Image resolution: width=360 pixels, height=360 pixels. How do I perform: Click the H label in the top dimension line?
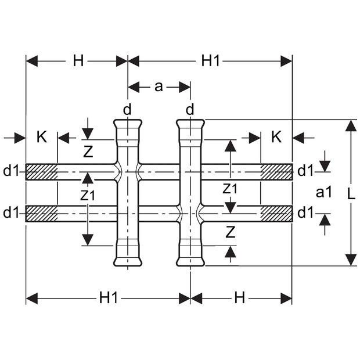click(x=78, y=61)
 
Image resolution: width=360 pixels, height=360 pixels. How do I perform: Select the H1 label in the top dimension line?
click(x=210, y=61)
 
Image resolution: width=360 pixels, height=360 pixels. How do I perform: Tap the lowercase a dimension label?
click(x=159, y=87)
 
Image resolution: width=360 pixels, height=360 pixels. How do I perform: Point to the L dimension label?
click(x=351, y=195)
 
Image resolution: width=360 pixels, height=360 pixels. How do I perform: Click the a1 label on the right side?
click(x=324, y=192)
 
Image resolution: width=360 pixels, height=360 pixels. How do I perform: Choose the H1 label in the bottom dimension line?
click(x=108, y=298)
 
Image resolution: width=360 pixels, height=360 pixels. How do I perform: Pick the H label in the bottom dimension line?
click(x=240, y=298)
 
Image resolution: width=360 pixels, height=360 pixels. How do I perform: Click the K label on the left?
click(x=42, y=137)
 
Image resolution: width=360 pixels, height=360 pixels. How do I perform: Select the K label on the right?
click(x=276, y=137)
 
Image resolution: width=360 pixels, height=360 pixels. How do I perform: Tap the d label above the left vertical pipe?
click(x=127, y=110)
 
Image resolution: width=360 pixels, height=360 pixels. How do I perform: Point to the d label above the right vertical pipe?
click(x=190, y=110)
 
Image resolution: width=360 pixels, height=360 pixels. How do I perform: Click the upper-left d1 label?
click(x=10, y=171)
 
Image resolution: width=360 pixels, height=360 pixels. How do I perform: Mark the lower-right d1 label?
click(x=305, y=213)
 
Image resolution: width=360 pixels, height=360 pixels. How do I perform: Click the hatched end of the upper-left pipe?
click(x=41, y=172)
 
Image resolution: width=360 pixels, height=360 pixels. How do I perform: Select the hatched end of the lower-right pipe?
click(x=276, y=214)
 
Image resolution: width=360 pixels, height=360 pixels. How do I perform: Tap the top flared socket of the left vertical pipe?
click(x=128, y=129)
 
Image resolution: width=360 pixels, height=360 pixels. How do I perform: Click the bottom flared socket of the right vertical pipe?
click(x=190, y=255)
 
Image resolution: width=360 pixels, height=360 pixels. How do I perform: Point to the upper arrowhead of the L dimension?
click(x=351, y=125)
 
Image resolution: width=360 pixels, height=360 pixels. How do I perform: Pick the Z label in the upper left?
click(x=88, y=152)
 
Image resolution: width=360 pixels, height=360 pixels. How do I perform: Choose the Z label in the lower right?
click(x=231, y=232)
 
